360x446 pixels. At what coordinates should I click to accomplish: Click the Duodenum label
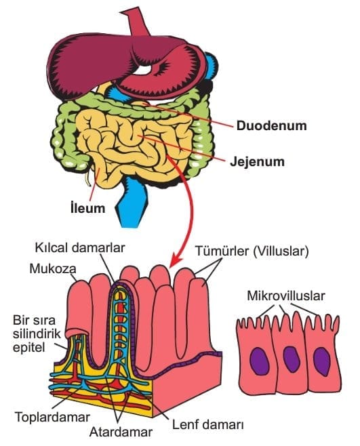(271, 125)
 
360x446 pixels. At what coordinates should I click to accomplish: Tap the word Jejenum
(257, 161)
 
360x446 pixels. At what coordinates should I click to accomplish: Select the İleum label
(87, 207)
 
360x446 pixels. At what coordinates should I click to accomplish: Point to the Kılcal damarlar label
(80, 247)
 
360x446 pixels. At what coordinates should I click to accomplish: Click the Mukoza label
(53, 268)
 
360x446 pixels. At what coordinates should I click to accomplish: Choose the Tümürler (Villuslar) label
(252, 251)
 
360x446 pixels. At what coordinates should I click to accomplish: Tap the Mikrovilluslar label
(285, 296)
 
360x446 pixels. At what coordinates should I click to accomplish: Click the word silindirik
(37, 333)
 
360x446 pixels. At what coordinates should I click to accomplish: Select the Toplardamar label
(53, 418)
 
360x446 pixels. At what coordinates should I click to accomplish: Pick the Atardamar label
(121, 432)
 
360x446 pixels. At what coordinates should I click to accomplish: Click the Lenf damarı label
(208, 425)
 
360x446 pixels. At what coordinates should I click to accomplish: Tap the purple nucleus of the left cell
(259, 361)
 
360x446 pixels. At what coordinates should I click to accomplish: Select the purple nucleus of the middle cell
(292, 359)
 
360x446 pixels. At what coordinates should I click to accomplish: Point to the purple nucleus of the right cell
(322, 361)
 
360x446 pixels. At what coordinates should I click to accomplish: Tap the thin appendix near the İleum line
(89, 177)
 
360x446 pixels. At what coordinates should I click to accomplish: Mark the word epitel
(29, 348)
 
